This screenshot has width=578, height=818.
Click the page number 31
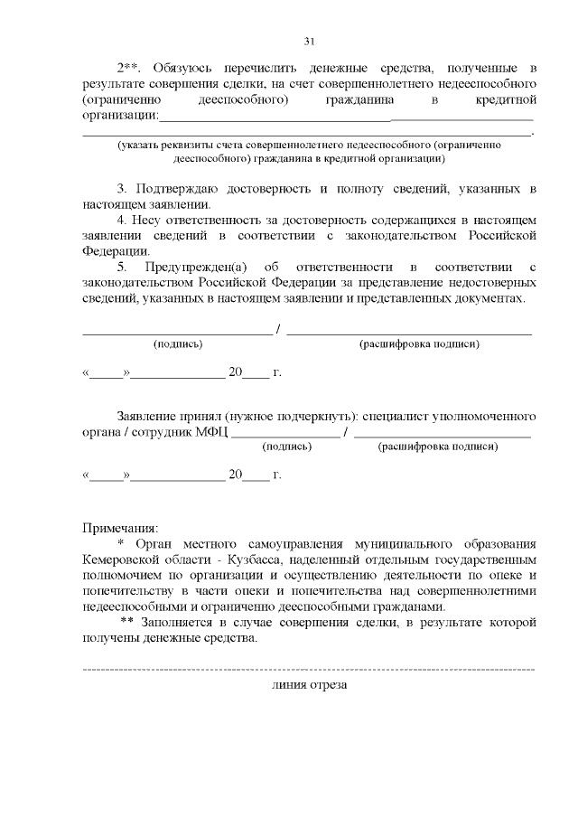(310, 41)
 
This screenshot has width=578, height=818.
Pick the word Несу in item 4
(146, 221)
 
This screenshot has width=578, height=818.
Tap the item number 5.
(122, 268)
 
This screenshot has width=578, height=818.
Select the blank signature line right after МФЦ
(286, 435)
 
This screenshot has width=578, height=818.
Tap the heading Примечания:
(120, 527)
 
